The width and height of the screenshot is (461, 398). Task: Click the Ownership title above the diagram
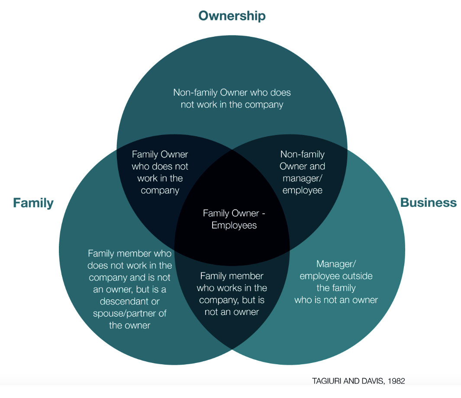pyautogui.click(x=232, y=16)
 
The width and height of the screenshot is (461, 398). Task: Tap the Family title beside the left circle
pyautogui.click(x=33, y=202)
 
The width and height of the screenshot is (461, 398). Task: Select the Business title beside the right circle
pyautogui.click(x=428, y=202)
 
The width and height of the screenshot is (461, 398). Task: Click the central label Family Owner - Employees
pyautogui.click(x=234, y=219)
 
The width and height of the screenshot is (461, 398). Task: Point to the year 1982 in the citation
pyautogui.click(x=396, y=381)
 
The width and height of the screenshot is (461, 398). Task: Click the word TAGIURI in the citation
pyautogui.click(x=327, y=381)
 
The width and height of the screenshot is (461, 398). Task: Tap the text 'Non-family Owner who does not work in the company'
pyautogui.click(x=232, y=99)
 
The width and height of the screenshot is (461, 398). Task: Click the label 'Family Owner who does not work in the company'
pyautogui.click(x=160, y=172)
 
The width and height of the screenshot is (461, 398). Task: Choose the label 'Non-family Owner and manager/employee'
pyautogui.click(x=302, y=172)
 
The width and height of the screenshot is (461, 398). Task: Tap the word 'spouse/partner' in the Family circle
pyautogui.click(x=129, y=313)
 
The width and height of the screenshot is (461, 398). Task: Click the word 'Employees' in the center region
pyautogui.click(x=234, y=225)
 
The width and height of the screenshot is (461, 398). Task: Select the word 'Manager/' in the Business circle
pyautogui.click(x=336, y=263)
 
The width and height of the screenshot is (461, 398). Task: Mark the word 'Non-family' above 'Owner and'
pyautogui.click(x=302, y=154)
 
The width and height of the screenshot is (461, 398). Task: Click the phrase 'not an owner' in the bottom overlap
pyautogui.click(x=232, y=312)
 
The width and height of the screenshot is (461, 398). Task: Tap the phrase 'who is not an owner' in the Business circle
pyautogui.click(x=336, y=300)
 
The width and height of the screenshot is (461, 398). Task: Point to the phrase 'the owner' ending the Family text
pyautogui.click(x=129, y=325)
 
